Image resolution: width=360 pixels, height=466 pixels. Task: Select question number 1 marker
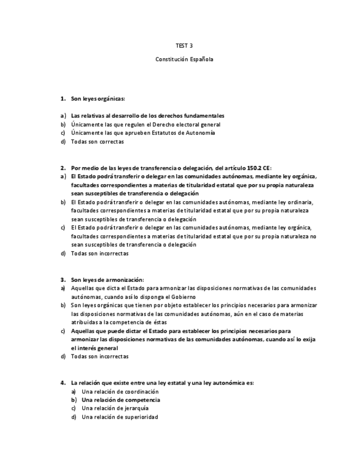coord(63,99)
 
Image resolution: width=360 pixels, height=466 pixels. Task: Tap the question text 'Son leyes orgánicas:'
coord(98,99)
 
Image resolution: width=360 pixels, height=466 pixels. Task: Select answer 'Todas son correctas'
coord(97,142)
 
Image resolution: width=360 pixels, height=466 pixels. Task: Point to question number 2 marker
coord(63,168)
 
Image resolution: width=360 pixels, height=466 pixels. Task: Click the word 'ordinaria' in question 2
coord(300,202)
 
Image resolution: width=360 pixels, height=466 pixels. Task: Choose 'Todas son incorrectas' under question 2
coord(99,253)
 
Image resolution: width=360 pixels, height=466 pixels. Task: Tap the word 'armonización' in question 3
coord(124,279)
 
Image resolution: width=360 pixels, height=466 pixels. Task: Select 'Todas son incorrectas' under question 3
coord(99,356)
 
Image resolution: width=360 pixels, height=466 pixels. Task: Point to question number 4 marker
coord(63,382)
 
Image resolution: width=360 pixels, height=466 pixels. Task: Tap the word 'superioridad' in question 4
coord(140,417)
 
